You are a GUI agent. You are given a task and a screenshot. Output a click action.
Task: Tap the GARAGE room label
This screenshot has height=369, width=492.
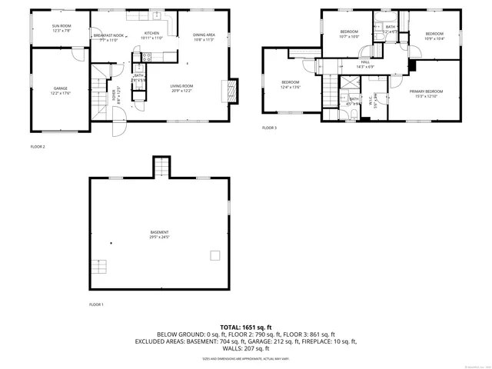[x=61, y=88]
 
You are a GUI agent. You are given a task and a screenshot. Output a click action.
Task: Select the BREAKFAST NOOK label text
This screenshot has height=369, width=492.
[x=108, y=35]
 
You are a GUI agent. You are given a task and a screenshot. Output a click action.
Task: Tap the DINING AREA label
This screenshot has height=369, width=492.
[x=204, y=35]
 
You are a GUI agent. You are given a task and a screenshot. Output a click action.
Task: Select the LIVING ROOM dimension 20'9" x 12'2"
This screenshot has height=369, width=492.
[x=181, y=91]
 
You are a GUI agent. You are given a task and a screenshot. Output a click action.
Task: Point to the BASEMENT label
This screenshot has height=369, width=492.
[x=159, y=232]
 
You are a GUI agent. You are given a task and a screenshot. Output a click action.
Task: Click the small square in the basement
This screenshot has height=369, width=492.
[x=215, y=256]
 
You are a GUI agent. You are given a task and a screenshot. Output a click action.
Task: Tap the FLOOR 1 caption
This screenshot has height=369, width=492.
[x=96, y=304]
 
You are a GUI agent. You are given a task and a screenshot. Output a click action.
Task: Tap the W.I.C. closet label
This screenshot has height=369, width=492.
[x=371, y=100]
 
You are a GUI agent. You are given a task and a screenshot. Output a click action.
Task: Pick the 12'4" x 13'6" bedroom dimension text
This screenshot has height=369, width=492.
[x=290, y=87]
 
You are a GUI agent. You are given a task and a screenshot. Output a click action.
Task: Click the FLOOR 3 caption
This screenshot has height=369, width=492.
[x=269, y=128]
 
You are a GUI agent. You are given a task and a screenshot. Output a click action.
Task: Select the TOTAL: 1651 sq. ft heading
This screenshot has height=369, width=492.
[x=246, y=327]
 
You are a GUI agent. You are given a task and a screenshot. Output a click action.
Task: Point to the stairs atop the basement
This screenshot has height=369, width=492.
[x=160, y=167]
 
